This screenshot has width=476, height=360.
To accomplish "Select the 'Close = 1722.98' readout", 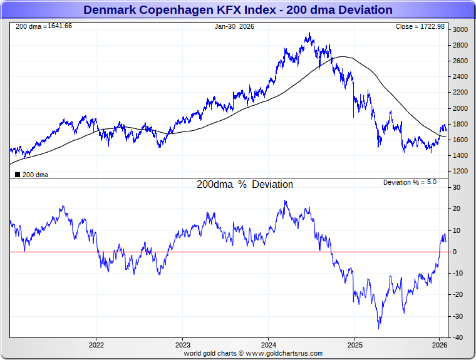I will click(420, 26).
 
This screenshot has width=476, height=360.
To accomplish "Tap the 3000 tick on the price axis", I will click(461, 29).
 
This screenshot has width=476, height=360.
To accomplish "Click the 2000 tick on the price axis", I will click(461, 108).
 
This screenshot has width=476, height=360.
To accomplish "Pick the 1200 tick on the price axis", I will click(461, 171).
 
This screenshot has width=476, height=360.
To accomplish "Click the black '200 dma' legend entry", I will click(31, 175).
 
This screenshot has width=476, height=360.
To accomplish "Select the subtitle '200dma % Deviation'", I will click(245, 185).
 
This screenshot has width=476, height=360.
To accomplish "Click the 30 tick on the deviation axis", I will click(458, 187).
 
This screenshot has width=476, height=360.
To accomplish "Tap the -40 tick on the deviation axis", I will click(458, 337).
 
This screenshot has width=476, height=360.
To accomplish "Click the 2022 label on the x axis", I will click(96, 345).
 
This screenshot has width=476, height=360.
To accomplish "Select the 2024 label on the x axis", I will click(269, 345).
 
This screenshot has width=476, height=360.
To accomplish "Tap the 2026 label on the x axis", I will click(440, 345).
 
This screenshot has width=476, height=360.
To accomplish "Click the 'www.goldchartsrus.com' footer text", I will click(282, 353).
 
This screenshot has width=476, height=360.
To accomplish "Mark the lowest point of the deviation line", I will click(378, 329).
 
